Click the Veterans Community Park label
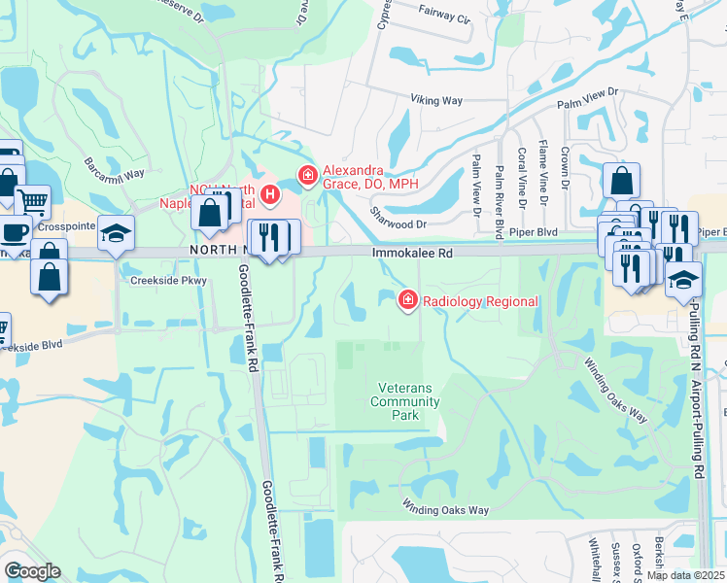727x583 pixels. [405, 401]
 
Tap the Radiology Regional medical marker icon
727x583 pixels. [407, 301]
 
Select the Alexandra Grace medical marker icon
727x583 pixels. [307, 176]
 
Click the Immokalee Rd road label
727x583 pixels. [412, 253]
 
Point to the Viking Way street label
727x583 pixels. [437, 100]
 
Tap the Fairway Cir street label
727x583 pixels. [444, 18]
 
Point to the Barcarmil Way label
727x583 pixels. [114, 167]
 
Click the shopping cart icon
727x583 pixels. [33, 201]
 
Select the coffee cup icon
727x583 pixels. [14, 231]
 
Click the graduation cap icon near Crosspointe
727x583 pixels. [117, 233]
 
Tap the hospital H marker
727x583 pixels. [271, 194]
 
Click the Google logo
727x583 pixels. [31, 571]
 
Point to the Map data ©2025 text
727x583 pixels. [685, 575]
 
